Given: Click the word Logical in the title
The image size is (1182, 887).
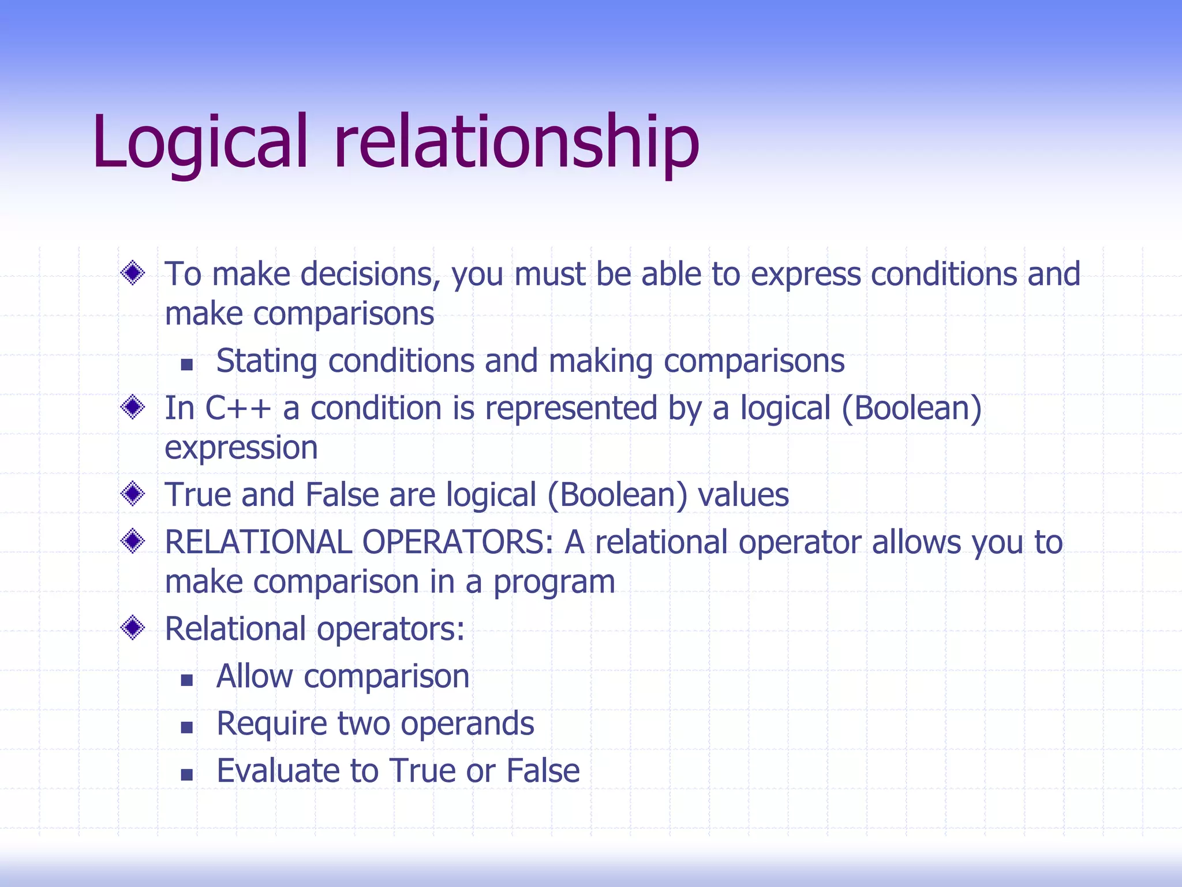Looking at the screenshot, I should click(199, 143).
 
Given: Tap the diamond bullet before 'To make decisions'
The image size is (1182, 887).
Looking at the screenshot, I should click(133, 273).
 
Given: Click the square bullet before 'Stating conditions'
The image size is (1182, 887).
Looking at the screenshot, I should click(186, 364).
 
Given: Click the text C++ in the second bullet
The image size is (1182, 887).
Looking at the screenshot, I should click(238, 408).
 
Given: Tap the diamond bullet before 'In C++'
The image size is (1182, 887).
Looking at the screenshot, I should click(133, 408).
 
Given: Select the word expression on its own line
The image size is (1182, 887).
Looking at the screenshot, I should click(241, 449).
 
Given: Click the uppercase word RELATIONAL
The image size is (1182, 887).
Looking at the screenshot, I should click(258, 542).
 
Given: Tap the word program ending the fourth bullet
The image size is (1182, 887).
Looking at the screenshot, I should click(554, 583).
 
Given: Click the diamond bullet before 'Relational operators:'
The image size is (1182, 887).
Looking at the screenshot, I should click(133, 628).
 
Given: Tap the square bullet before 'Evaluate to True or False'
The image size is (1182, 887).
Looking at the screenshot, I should click(186, 774).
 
